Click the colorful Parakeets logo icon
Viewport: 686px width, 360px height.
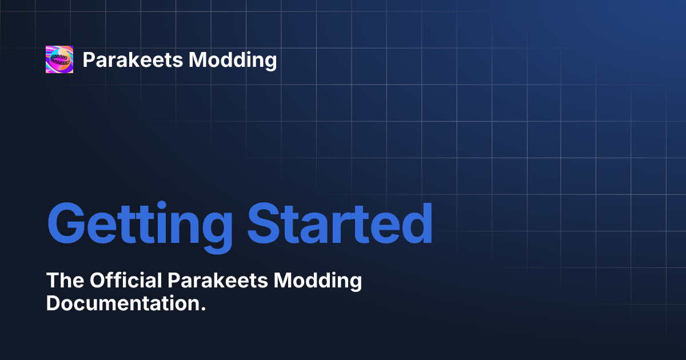(x=59, y=59)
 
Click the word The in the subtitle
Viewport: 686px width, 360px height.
(x=63, y=281)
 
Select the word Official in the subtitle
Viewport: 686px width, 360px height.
(x=125, y=281)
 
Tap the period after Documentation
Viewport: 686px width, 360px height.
(x=202, y=309)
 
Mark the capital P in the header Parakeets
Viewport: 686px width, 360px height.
(x=89, y=59)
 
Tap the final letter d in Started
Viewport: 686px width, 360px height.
(x=416, y=222)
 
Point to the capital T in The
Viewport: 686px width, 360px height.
(x=52, y=281)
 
